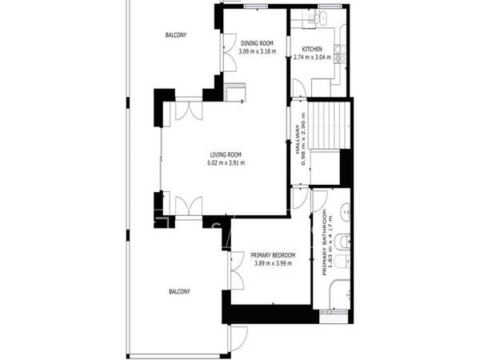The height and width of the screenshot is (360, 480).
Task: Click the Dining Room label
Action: click(x=257, y=43)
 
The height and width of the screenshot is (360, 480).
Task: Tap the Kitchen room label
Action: click(x=312, y=49)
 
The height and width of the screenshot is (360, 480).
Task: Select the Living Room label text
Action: click(x=226, y=154)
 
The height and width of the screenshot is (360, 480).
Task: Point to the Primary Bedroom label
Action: click(x=273, y=255)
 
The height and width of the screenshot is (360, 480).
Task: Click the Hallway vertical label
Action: click(x=297, y=139)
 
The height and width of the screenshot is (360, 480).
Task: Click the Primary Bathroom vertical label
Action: click(x=324, y=242)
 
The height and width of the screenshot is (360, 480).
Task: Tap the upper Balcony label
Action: click(x=176, y=35)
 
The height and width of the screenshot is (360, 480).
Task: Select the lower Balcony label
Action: click(x=179, y=291)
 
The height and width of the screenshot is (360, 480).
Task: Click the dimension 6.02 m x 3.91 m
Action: click(x=226, y=163)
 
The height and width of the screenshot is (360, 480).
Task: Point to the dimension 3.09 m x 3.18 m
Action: click(x=257, y=51)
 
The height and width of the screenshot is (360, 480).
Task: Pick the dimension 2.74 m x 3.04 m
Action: click(x=312, y=58)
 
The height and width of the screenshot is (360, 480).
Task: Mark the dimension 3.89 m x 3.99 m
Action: click(x=273, y=263)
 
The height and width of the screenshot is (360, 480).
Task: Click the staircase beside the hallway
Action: click(x=329, y=126)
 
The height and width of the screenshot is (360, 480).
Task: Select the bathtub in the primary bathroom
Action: click(x=339, y=294)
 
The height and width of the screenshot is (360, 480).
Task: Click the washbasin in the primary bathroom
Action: click(x=346, y=211)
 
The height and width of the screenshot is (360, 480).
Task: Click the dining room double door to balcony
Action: click(x=229, y=52)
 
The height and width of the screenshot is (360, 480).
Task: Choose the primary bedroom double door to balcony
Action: click(x=236, y=270)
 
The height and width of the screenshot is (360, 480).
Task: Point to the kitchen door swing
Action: click(x=299, y=88)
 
